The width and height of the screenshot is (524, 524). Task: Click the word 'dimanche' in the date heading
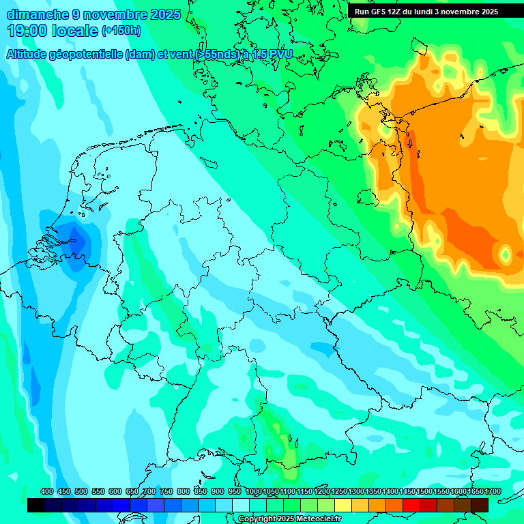(x=37, y=14)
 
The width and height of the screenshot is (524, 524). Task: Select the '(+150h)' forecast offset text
(x=121, y=31)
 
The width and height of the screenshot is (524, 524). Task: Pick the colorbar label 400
(x=47, y=492)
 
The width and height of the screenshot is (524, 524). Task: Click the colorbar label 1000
(x=253, y=492)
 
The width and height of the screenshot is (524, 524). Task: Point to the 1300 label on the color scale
(x=356, y=492)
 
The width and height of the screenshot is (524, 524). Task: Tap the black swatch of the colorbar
(x=36, y=505)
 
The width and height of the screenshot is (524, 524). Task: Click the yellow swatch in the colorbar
(x=343, y=505)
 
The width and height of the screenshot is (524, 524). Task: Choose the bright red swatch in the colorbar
(x=411, y=505)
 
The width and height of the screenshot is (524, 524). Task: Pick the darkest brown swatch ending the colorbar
(x=480, y=505)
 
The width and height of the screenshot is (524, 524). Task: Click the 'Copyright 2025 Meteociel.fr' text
(x=289, y=519)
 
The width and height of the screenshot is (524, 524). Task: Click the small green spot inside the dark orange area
(x=506, y=254)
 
